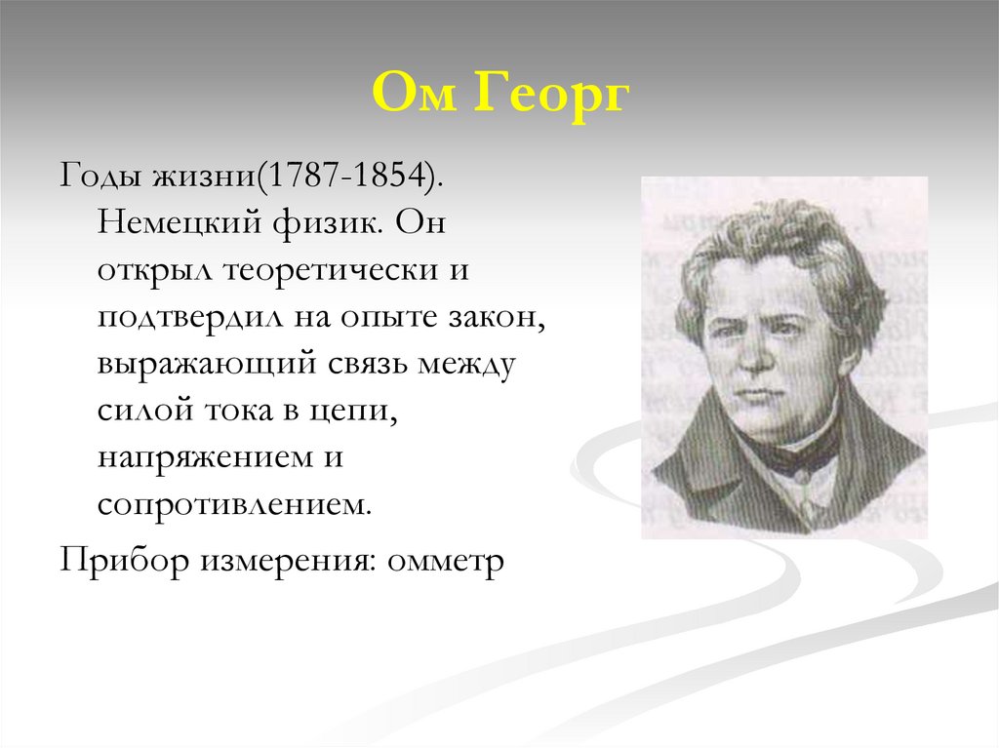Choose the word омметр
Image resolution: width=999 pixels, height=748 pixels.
point(446,562)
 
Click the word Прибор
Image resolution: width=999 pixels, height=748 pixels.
point(123,562)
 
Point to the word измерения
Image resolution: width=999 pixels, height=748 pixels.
point(291,562)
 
